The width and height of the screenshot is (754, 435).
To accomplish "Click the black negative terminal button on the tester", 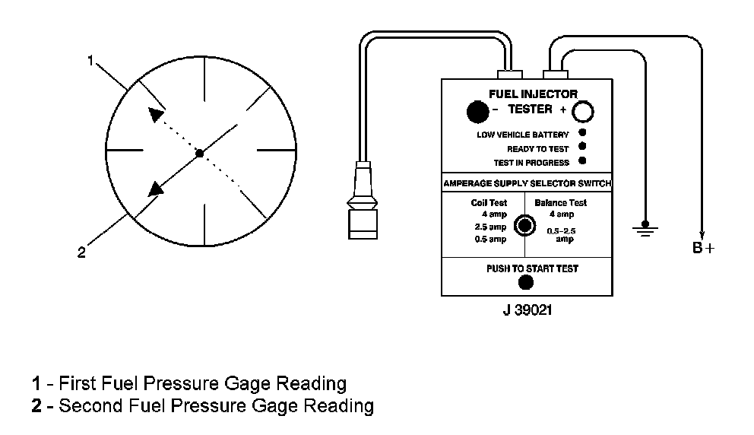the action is [477, 113].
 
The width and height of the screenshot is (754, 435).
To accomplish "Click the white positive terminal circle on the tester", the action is [582, 113].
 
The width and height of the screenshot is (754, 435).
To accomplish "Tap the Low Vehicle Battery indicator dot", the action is [582, 134].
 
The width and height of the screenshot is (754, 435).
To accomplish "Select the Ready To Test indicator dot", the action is [582, 147].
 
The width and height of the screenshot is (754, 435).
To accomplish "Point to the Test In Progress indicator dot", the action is [582, 161].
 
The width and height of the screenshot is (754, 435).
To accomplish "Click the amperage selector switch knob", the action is [523, 225].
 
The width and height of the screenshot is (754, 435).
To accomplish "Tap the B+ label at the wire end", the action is [703, 248].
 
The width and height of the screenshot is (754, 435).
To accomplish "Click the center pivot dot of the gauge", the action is [199, 153].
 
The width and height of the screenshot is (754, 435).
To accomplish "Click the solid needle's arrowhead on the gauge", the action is [157, 189].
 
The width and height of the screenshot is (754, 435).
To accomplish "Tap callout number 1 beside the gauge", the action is [90, 61].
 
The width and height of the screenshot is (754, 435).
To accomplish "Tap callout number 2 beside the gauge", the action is [81, 253].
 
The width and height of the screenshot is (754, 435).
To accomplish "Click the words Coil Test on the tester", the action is [489, 203].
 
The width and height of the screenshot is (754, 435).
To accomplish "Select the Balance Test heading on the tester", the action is [561, 203].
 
